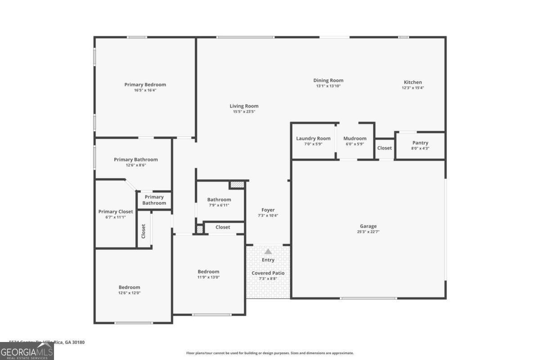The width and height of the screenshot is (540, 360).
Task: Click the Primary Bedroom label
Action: [x=145, y=85]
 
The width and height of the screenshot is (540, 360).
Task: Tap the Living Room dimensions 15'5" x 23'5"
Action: [x=244, y=112]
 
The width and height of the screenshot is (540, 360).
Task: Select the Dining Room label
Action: [x=328, y=81]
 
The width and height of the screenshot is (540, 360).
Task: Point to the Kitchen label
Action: [x=413, y=82]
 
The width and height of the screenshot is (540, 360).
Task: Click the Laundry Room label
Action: [x=313, y=139]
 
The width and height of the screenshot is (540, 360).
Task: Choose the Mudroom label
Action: [x=355, y=139]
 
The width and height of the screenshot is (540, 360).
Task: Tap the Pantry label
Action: [x=420, y=143]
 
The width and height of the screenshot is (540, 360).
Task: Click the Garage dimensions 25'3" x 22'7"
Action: [x=368, y=232]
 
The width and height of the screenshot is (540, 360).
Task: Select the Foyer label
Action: [x=268, y=210]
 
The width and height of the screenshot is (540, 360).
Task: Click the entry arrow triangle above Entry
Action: [x=268, y=252]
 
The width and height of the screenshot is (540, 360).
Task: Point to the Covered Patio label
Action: [x=268, y=273]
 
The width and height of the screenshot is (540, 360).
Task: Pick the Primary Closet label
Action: [x=116, y=211]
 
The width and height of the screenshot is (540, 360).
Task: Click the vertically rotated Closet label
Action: [x=144, y=231]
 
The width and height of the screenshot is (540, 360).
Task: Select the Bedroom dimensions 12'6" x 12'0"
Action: [x=129, y=293]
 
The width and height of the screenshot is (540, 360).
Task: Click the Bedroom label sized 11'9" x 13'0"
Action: [x=208, y=271]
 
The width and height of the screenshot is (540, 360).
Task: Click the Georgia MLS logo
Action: [x=27, y=351]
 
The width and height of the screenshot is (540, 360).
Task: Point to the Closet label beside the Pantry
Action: [x=384, y=148]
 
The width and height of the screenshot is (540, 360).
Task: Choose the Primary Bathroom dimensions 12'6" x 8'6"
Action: [x=135, y=165]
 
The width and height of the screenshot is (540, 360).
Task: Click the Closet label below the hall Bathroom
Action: [x=223, y=227]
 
